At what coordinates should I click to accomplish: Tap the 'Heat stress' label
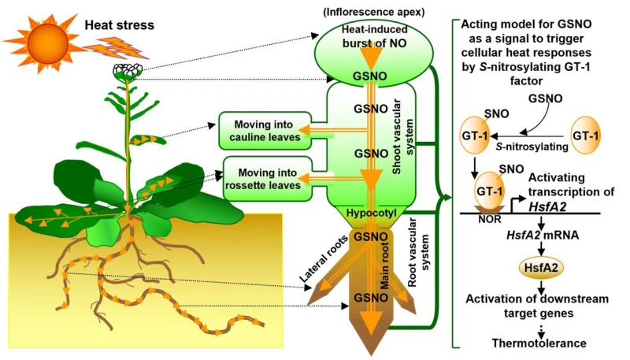coord(119,25)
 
